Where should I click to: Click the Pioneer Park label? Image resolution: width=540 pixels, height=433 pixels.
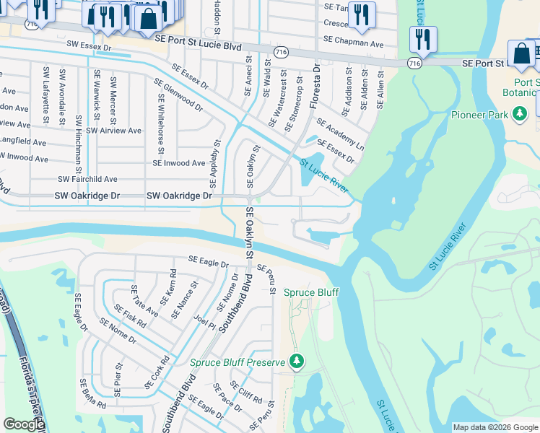click(x=481, y=115)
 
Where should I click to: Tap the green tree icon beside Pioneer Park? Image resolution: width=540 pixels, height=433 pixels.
click(x=519, y=114)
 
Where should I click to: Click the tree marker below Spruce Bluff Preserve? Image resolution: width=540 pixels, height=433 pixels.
click(x=295, y=360)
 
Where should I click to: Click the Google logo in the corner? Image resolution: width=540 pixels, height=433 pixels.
click(x=24, y=424)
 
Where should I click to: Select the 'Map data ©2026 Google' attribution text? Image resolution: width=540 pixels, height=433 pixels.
click(x=495, y=427)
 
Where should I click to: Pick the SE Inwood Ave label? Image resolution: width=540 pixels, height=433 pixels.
click(x=179, y=163)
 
